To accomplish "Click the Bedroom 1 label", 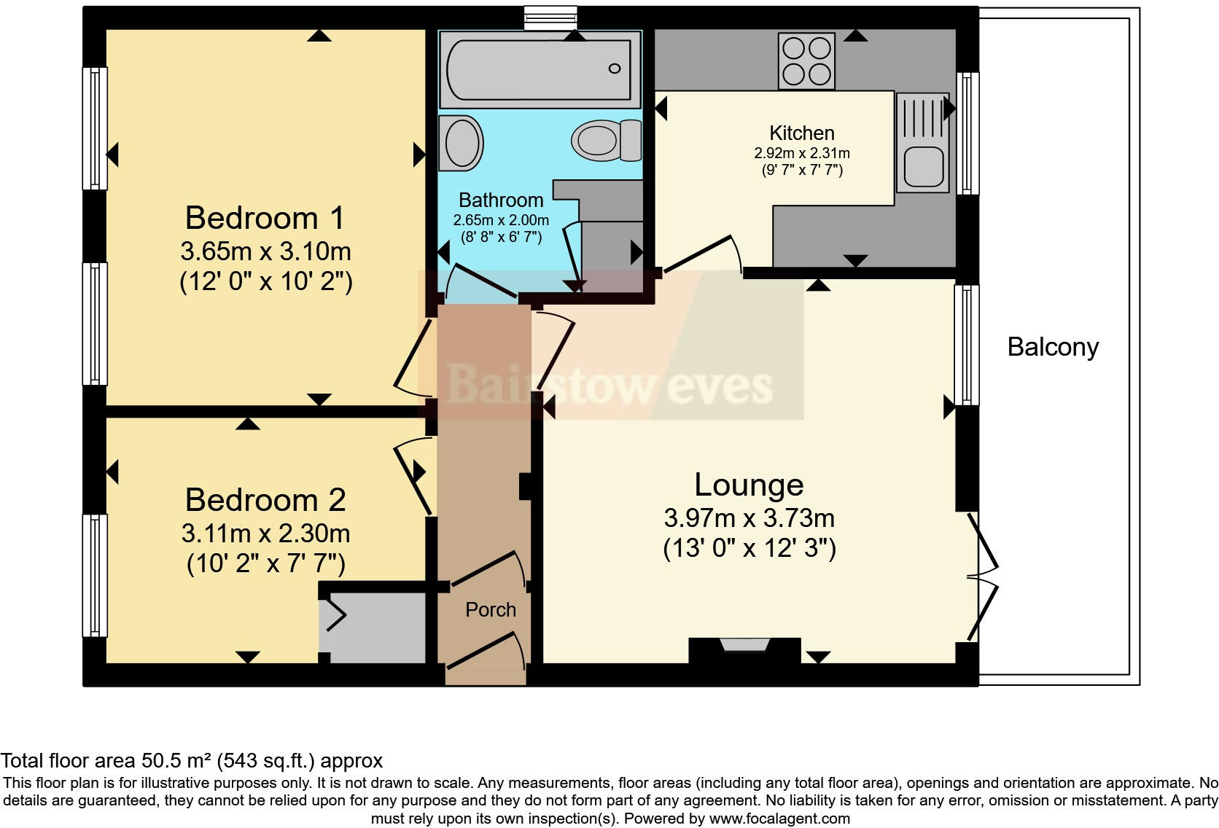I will click(x=265, y=218).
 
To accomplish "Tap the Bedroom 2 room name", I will click(x=265, y=500).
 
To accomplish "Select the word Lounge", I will click(x=749, y=485).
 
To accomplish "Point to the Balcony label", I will click(x=1052, y=347).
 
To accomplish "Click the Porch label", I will click(x=490, y=609).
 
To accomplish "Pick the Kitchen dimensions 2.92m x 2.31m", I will click(x=801, y=154).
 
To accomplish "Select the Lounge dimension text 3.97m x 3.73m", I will click(x=749, y=518).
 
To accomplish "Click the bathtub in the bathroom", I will click(x=538, y=70).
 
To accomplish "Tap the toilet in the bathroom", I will click(x=605, y=140).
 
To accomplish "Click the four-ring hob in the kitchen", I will click(x=806, y=61).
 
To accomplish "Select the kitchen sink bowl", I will click(x=923, y=165).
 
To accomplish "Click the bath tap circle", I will click(x=614, y=69).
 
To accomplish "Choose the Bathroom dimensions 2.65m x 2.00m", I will click(x=501, y=220).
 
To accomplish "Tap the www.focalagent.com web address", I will click(x=779, y=819).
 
